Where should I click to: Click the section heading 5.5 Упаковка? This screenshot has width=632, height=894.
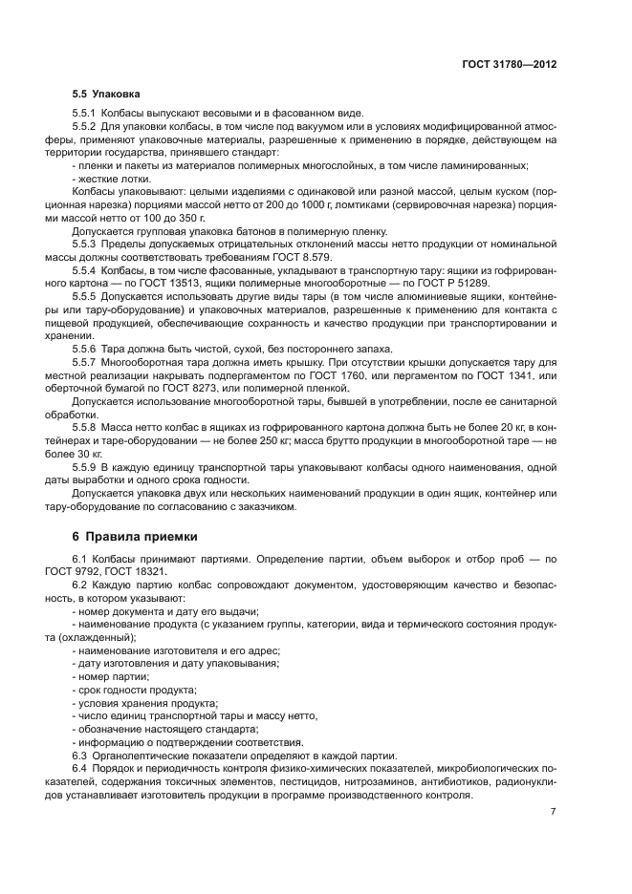[106, 96]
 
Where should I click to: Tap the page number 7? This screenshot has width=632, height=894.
[554, 811]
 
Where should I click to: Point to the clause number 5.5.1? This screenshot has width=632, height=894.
[85, 113]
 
